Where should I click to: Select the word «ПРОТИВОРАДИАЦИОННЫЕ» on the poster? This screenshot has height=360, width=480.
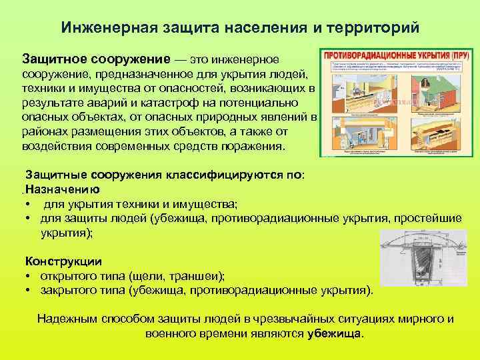(365, 54)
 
